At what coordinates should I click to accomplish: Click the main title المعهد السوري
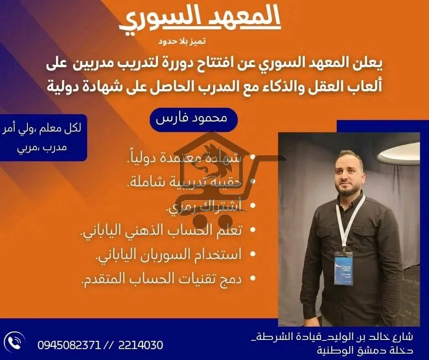200,19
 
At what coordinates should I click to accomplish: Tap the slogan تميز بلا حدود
182,42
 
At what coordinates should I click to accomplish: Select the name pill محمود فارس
194,119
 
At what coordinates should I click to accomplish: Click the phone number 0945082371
69,344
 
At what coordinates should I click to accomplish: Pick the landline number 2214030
140,344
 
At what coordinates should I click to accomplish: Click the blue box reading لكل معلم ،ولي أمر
43,138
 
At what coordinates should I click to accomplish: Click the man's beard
348,186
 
